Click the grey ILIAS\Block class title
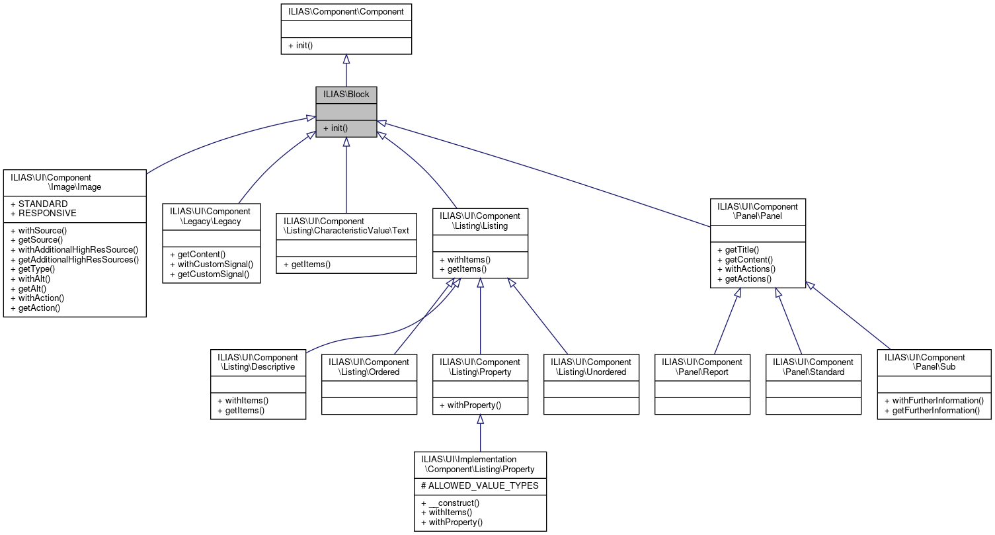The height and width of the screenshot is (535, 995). point(346,95)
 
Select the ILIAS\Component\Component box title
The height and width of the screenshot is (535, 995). point(346,11)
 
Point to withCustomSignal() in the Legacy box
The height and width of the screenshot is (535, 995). point(212,264)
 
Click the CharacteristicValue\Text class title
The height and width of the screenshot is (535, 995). point(346,226)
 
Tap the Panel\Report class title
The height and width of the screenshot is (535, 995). point(702,367)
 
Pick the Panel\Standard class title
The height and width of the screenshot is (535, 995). point(813,367)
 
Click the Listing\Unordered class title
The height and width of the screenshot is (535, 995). point(591,367)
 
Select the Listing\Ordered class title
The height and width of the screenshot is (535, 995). point(369,367)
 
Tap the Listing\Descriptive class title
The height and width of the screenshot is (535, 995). point(258,362)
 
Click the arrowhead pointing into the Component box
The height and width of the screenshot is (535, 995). point(346,60)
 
